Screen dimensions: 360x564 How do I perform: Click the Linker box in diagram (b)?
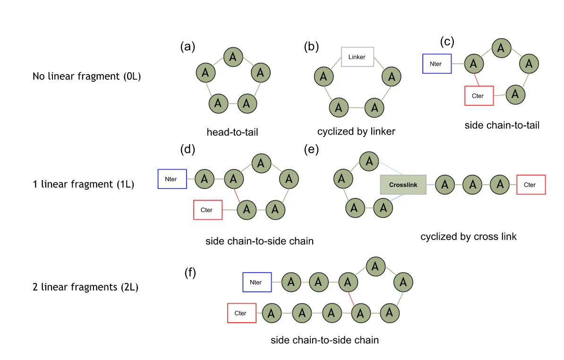[x=357, y=57]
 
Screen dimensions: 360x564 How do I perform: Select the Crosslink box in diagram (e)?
[x=403, y=185]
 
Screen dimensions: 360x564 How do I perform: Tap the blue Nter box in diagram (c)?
[x=437, y=63]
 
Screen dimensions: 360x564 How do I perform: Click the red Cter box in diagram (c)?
[x=479, y=95]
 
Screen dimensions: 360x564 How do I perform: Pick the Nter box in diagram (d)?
[x=172, y=179]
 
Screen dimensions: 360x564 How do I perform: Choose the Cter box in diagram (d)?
[x=208, y=210]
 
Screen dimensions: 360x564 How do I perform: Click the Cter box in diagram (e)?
[x=531, y=185]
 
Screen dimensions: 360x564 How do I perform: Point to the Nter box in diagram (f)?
[x=257, y=283]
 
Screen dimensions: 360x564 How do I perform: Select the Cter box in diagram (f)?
[x=242, y=313]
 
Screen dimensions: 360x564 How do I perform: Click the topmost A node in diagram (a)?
[x=232, y=57]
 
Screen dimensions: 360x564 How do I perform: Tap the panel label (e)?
[x=312, y=150]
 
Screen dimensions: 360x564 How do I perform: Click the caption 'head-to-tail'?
[x=232, y=132]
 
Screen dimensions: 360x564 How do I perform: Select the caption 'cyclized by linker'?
[x=356, y=131]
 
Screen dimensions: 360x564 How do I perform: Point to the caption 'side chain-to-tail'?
[x=502, y=125]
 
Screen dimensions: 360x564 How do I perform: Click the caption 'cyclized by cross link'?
[x=469, y=236]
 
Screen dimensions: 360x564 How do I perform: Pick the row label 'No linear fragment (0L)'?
[x=86, y=76]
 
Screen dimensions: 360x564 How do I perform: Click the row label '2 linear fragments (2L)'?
[x=85, y=287]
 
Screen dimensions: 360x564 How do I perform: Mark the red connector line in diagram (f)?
[x=351, y=298]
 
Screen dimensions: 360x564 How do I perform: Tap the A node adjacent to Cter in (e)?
[x=500, y=185]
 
